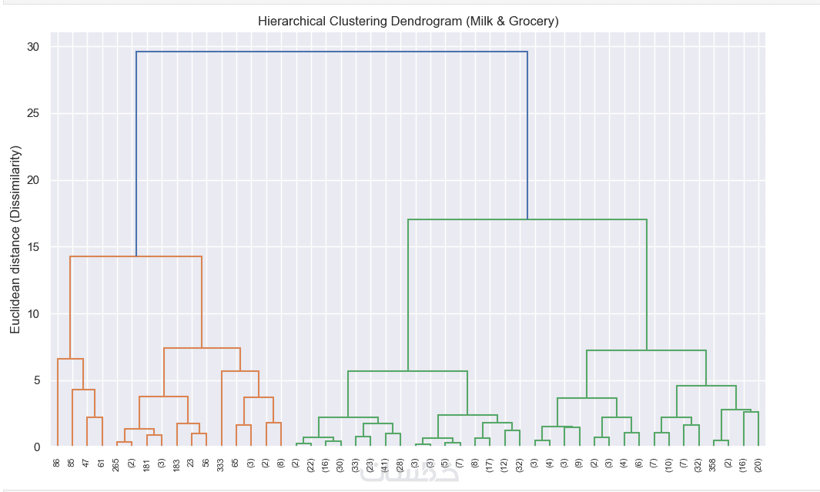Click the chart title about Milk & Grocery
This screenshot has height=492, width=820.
pyautogui.click(x=408, y=22)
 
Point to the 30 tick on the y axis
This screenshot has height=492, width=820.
pyautogui.click(x=33, y=47)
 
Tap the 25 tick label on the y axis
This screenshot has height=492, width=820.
pyautogui.click(x=33, y=114)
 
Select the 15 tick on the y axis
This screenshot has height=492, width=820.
pyautogui.click(x=33, y=247)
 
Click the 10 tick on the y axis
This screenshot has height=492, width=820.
pyautogui.click(x=33, y=314)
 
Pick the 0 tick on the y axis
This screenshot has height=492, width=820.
pyautogui.click(x=36, y=447)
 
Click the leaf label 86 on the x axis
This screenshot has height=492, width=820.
pyautogui.click(x=57, y=463)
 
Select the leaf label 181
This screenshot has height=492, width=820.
pyautogui.click(x=146, y=465)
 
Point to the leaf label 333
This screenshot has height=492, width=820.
pyautogui.click(x=221, y=465)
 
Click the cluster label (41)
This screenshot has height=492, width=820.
pyautogui.click(x=385, y=465)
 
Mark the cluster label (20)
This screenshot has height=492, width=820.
pyautogui.click(x=758, y=465)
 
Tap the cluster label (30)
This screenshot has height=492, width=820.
pyautogui.click(x=340, y=465)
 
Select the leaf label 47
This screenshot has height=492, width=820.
pyautogui.click(x=87, y=463)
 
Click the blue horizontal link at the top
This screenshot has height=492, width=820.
pyautogui.click(x=331, y=52)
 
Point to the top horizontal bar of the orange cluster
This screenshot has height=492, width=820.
pyautogui.click(x=136, y=256)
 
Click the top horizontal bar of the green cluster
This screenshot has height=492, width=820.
pyautogui.click(x=527, y=219)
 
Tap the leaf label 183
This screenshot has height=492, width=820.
pyautogui.click(x=176, y=465)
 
